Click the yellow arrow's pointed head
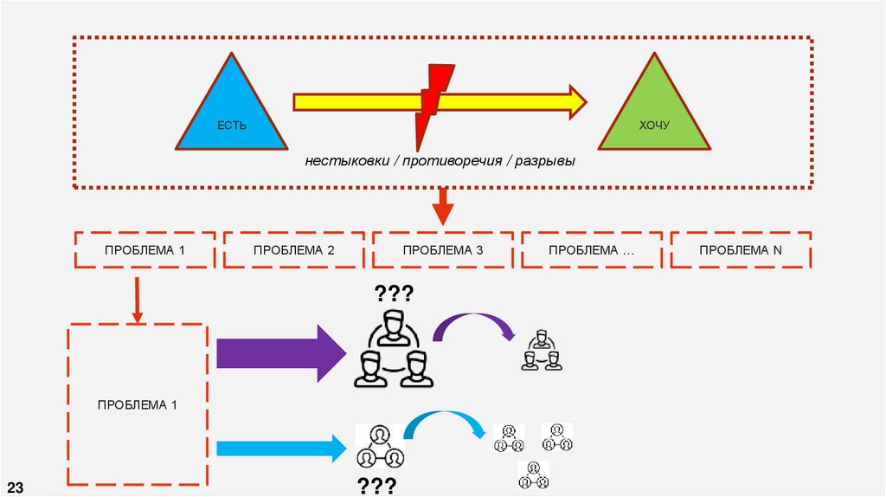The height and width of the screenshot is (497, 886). pos(575,102)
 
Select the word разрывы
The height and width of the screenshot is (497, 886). pos(544,162)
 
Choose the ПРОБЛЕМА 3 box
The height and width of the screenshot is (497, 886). pos(443,250)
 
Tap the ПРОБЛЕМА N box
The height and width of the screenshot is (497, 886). pos(741,250)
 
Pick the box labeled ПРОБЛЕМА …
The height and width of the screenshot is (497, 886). pos(592,250)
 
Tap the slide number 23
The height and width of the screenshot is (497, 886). pos(15,486)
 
